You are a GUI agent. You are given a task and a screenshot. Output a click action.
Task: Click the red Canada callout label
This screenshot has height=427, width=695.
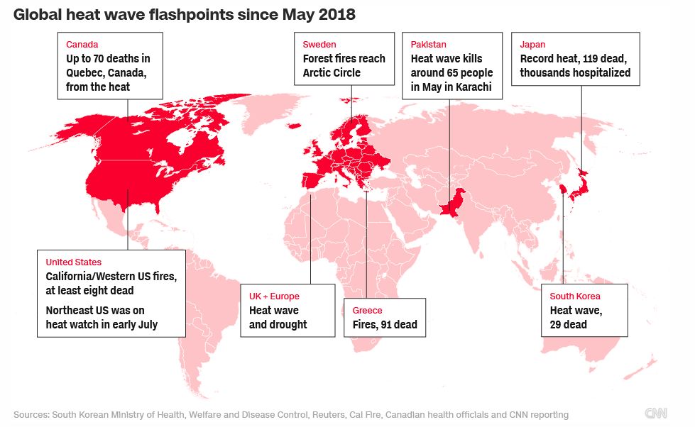[x=82, y=44]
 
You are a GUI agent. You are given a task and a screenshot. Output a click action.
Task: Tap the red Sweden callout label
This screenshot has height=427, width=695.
[x=319, y=44]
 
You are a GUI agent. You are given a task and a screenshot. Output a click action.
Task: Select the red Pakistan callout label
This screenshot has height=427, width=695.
[x=429, y=44]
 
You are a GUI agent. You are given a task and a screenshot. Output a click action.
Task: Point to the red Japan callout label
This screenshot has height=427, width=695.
[x=533, y=44]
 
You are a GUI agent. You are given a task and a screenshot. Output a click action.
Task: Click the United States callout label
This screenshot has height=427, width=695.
[x=73, y=262]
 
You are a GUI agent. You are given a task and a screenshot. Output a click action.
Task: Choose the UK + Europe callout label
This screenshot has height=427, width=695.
[x=274, y=296]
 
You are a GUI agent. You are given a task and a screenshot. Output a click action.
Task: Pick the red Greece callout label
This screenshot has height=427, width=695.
[x=367, y=310]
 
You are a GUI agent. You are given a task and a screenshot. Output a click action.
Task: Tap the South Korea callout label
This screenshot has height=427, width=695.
[x=575, y=296]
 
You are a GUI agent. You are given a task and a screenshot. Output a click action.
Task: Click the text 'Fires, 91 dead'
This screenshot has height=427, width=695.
[x=385, y=325]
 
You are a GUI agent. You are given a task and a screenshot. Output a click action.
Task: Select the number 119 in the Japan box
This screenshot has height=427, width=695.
[x=593, y=59]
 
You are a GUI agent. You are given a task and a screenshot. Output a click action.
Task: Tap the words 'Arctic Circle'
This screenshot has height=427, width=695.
[x=332, y=73]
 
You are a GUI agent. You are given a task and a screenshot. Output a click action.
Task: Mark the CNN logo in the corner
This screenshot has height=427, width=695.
[x=656, y=414]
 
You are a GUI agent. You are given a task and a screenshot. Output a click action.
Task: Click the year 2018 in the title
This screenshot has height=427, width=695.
[x=336, y=14]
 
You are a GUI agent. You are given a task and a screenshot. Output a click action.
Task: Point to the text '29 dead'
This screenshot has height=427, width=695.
[x=568, y=324]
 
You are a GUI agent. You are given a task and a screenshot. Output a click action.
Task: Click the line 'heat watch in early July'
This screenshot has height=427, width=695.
[x=102, y=324]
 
